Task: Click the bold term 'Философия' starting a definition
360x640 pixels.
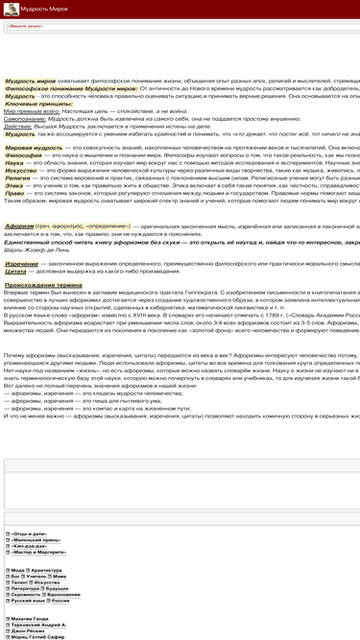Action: click(24, 157)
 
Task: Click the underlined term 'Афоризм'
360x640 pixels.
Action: click(20, 226)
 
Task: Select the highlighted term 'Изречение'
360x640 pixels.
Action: click(22, 263)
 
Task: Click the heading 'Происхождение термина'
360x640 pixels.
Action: click(43, 285)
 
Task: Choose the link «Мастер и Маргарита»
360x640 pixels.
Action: click(39, 553)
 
